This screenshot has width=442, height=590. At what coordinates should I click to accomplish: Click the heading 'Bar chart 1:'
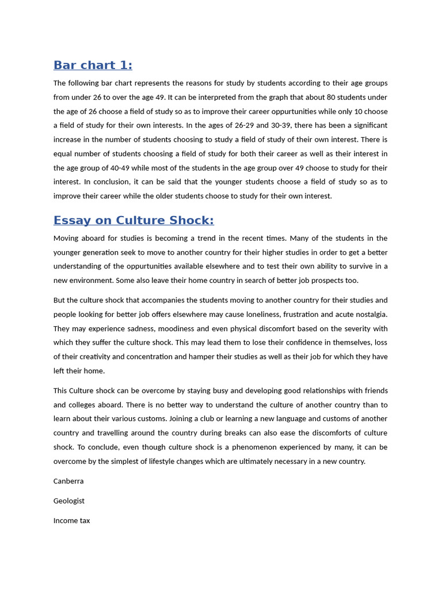pos(93,65)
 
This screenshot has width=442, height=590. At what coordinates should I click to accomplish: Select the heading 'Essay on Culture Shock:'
pos(134,220)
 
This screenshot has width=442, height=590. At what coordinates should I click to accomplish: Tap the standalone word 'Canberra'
pos(68,481)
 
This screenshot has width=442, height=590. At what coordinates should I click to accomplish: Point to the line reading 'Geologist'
pos(69,501)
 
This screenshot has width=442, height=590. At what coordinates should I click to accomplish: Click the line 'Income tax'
pos(72,520)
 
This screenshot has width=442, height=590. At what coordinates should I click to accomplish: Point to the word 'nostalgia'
pos(369,315)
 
